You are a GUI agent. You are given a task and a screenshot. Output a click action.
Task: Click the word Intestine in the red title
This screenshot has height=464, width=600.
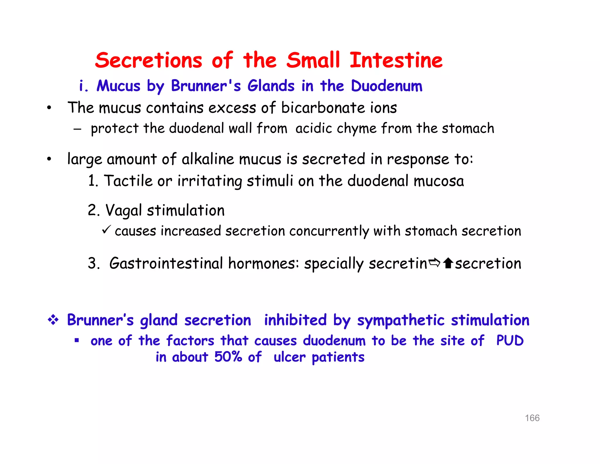[x=396, y=60]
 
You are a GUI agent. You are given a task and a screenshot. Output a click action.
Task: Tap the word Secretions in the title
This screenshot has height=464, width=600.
[x=149, y=60]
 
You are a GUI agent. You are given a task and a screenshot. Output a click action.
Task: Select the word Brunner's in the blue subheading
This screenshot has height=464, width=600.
[x=206, y=86]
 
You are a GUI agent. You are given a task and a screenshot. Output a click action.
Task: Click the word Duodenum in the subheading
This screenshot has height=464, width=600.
[x=386, y=86]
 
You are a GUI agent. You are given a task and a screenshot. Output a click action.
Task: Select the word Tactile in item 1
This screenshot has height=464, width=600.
[x=128, y=181]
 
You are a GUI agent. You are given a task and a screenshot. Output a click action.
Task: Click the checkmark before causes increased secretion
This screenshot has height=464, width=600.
[x=106, y=229]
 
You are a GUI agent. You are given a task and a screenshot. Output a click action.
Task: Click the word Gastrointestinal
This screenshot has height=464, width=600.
[x=166, y=263]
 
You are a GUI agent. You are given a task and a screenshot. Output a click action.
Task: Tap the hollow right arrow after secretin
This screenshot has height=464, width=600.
[x=434, y=263]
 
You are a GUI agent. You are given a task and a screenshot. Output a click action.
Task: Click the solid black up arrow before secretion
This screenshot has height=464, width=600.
[x=448, y=263]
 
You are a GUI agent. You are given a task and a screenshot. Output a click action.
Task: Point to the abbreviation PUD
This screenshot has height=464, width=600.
[x=510, y=341]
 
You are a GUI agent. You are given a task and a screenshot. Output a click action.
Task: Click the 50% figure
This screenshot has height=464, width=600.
[x=228, y=357]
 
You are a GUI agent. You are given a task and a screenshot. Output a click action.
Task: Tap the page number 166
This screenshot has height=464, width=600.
[x=532, y=418]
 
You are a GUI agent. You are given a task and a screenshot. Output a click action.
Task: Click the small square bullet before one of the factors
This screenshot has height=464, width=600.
[x=77, y=341]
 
